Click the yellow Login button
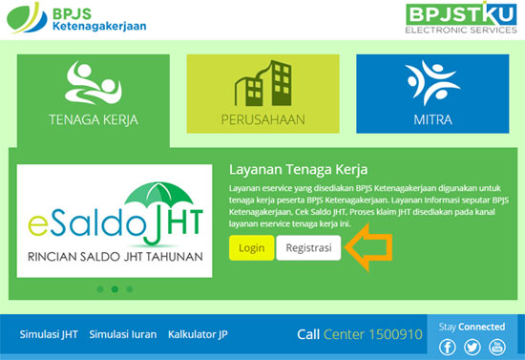click(251, 248)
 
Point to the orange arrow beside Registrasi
click(368, 247)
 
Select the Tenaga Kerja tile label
click(94, 120)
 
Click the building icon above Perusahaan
click(263, 83)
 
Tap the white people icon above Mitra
click(432, 83)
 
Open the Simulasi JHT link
click(49, 334)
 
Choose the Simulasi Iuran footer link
click(123, 334)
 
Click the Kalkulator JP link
click(198, 334)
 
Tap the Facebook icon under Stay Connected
click(448, 347)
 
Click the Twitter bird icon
click(472, 347)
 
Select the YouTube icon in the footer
click(497, 347)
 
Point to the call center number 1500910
click(396, 334)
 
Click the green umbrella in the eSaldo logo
click(158, 194)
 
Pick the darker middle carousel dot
click(115, 289)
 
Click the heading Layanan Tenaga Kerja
click(299, 169)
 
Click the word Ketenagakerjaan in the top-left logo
click(99, 26)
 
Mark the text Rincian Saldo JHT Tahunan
click(115, 257)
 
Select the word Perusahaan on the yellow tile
click(263, 120)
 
